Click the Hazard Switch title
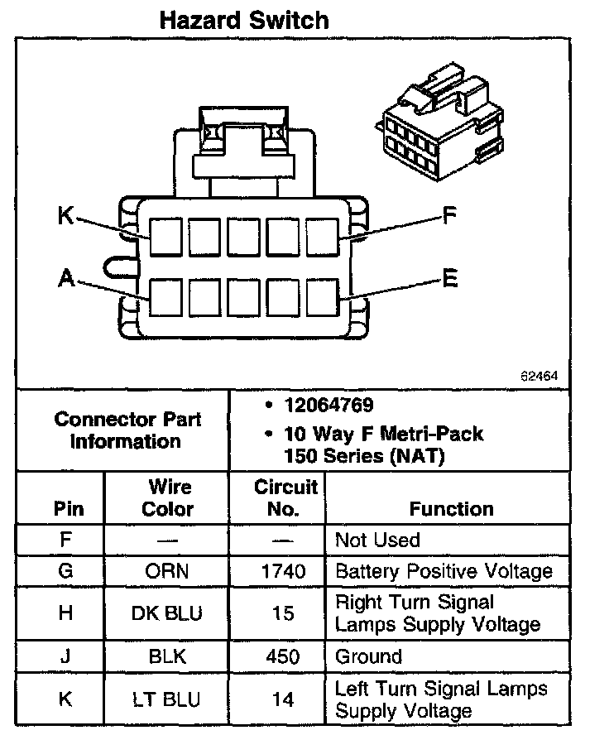[x=244, y=20]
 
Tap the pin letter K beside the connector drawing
[x=66, y=216]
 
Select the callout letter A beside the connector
[x=66, y=280]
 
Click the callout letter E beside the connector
[x=449, y=279]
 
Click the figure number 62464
[x=539, y=375]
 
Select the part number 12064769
[x=328, y=406]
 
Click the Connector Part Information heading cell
[x=127, y=430]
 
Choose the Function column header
[x=451, y=509]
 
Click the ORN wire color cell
[x=168, y=571]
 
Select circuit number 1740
[x=282, y=571]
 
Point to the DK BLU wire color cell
[x=168, y=613]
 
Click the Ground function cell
[x=368, y=657]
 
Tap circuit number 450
[x=282, y=657]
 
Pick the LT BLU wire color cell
[x=168, y=699]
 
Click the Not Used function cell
[x=377, y=540]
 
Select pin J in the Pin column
[x=66, y=657]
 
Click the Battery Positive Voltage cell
[x=443, y=571]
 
